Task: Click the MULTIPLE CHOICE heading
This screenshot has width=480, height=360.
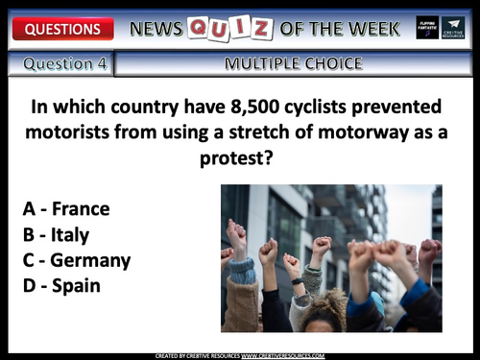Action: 293,64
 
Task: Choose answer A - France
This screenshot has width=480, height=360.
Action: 65,208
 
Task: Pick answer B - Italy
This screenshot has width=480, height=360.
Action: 59,234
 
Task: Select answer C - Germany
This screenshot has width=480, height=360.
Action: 76,260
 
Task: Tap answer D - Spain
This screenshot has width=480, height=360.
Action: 61,285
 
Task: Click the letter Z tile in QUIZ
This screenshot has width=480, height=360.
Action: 262,29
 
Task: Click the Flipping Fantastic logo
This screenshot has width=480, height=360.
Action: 425,28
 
